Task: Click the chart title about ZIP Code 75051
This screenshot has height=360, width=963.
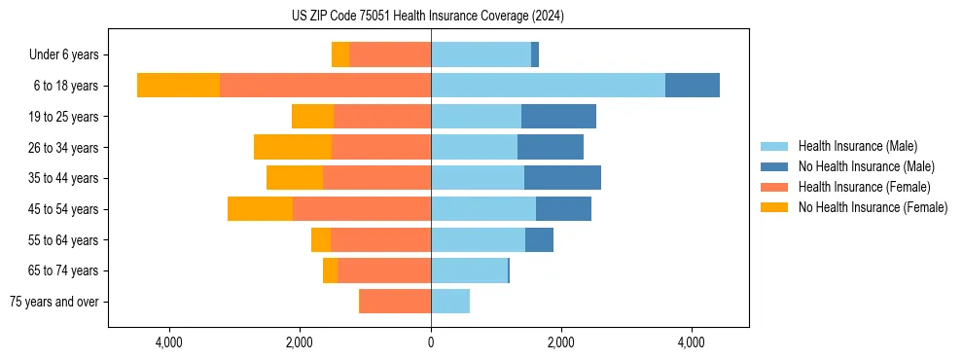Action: (427, 16)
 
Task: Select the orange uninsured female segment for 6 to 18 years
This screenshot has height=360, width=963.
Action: (178, 86)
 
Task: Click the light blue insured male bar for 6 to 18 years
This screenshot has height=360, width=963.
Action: (548, 86)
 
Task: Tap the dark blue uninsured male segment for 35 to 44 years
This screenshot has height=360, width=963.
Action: (562, 178)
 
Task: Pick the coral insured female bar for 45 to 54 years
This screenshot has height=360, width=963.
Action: (362, 209)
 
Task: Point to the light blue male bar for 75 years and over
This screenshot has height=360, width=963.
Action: (450, 302)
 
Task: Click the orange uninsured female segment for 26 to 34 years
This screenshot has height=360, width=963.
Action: (293, 147)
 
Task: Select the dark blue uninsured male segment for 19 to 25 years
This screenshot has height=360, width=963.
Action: (558, 117)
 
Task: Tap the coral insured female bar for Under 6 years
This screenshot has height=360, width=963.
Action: (390, 54)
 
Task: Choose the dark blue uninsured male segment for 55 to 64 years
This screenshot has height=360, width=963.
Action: (539, 239)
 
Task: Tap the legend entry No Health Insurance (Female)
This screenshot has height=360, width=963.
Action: (872, 207)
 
